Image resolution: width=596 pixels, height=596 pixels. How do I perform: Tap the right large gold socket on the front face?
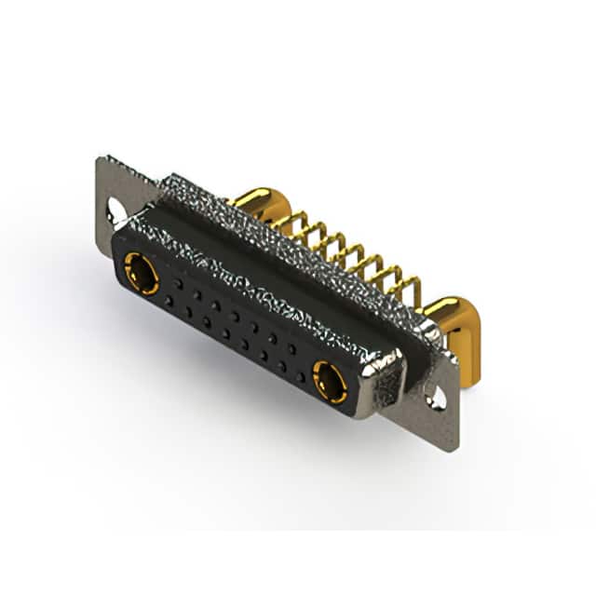coord(330,382)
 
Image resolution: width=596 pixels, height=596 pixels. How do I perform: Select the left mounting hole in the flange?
coord(115,210)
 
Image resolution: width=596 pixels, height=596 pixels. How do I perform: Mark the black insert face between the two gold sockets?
coord(233,326)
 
